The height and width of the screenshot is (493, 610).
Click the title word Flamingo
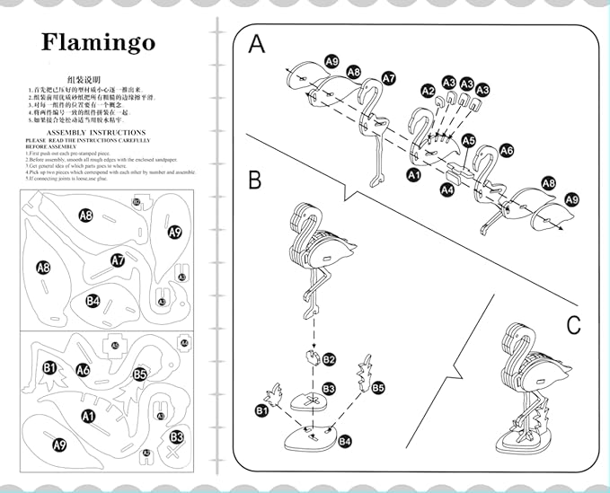point(98,42)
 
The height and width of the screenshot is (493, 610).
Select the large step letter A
point(257,44)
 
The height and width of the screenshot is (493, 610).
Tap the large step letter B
point(254,180)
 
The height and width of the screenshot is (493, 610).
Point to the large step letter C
point(574,325)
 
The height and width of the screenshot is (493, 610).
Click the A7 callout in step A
point(389,78)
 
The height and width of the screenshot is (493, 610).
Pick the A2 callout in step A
point(428,91)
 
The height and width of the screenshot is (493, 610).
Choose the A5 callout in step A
point(468,141)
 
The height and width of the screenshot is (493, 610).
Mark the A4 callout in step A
point(447,189)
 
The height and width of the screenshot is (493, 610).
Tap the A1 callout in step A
point(413,176)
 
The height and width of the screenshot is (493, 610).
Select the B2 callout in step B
point(329,359)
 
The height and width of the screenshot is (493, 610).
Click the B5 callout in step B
point(378,388)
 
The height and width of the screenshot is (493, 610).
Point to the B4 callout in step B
point(345,442)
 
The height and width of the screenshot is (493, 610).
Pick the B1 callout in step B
point(262,410)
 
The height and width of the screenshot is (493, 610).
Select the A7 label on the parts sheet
point(118,260)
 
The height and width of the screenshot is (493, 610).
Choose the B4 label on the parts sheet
point(93,301)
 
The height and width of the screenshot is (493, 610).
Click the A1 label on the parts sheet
point(88,416)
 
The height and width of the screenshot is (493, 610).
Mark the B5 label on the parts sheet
point(139,374)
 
